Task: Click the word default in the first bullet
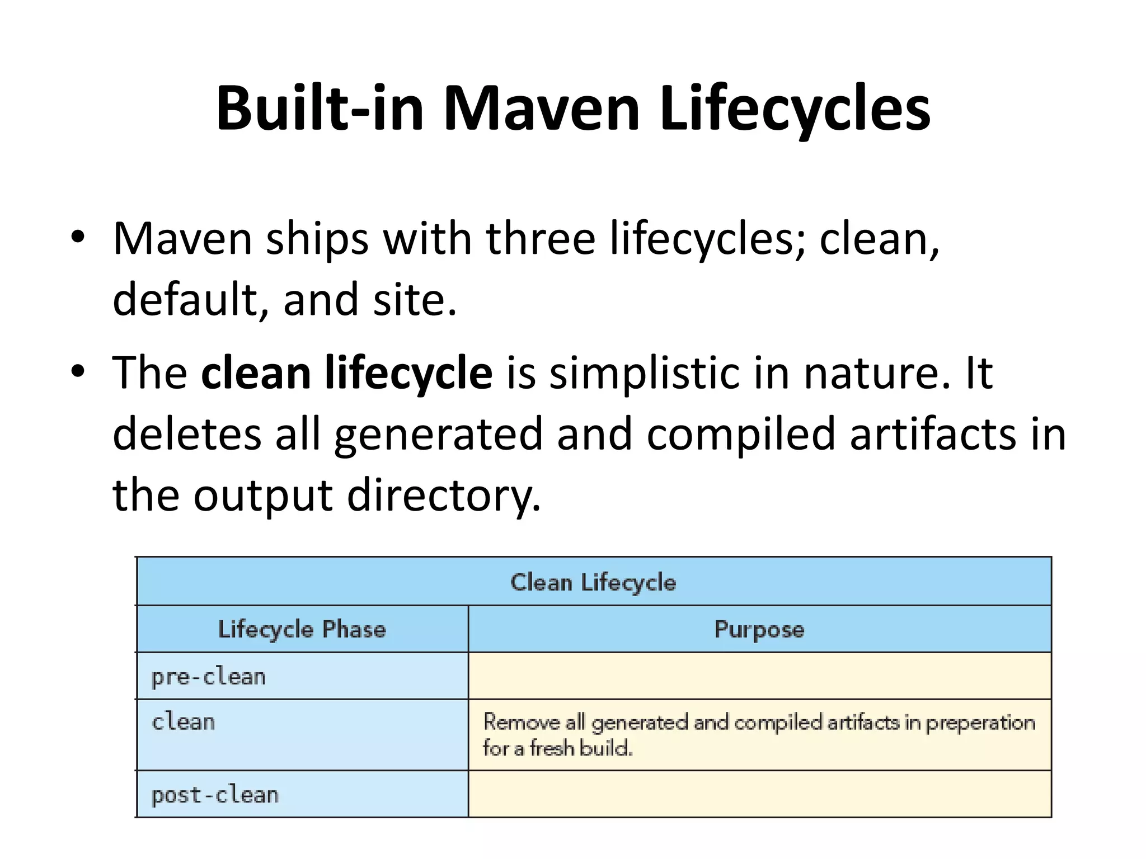pos(184,299)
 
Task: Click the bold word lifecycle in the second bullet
pos(408,373)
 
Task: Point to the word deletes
pos(187,434)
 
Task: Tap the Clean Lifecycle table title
pos(593,582)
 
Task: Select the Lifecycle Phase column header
pos(302,630)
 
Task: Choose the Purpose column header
pos(759,630)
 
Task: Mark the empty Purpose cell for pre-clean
pos(759,676)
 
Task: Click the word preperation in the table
pos(980,723)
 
